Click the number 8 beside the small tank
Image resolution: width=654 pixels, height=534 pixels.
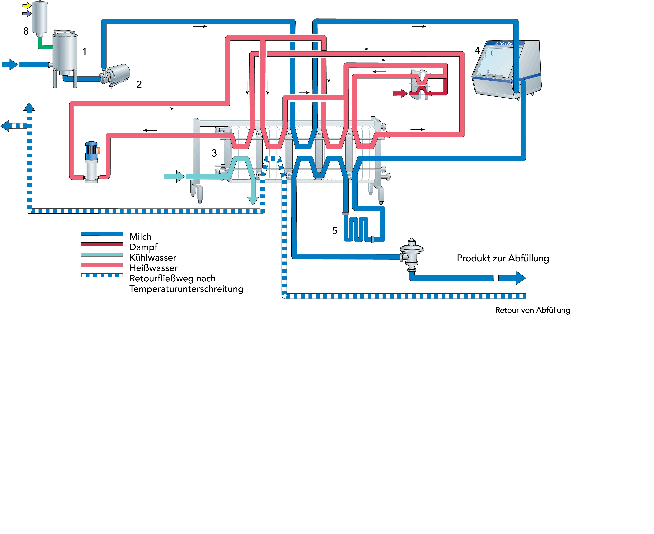[x=26, y=31]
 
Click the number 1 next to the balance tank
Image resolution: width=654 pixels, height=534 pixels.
[x=84, y=52]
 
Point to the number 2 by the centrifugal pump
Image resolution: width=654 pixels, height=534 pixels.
[x=139, y=84]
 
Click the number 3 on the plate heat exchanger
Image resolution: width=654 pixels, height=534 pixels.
[x=214, y=153]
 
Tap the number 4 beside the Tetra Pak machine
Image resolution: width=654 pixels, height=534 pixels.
[x=477, y=50]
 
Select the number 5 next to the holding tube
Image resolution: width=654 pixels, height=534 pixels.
[x=334, y=231]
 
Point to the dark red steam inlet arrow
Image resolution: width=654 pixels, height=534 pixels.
[x=400, y=93]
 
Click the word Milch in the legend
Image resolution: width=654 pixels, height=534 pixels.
[x=140, y=237]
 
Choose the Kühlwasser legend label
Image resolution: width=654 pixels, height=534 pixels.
[x=153, y=257]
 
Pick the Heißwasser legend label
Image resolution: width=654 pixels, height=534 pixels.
[x=153, y=268]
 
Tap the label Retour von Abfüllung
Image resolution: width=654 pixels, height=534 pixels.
[x=532, y=310]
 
